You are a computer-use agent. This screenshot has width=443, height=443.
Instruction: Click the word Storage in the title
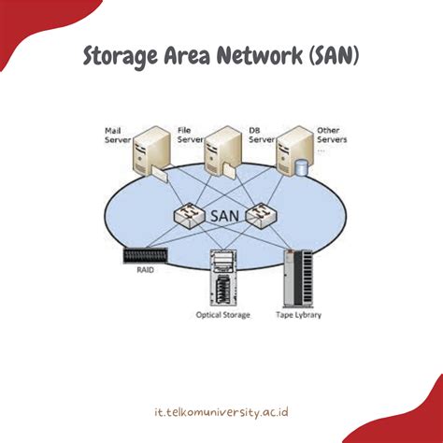(x=121, y=57)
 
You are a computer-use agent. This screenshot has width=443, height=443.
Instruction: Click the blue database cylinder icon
(x=301, y=169)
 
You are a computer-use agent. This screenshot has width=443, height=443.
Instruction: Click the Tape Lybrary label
(x=299, y=314)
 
